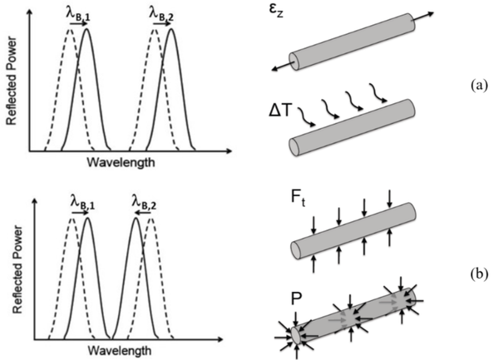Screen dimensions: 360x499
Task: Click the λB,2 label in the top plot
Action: (x=162, y=12)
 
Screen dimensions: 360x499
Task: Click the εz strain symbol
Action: (x=288, y=15)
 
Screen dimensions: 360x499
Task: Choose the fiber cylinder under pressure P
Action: (x=353, y=315)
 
